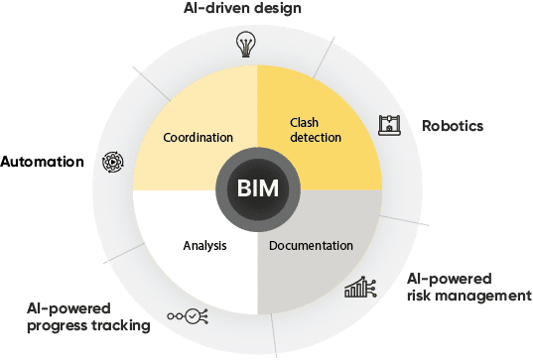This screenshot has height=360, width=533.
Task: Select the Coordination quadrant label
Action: [198, 138]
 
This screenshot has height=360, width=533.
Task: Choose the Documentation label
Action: [311, 245]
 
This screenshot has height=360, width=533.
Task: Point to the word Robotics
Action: [453, 127]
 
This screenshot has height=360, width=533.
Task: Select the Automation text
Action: [42, 161]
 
